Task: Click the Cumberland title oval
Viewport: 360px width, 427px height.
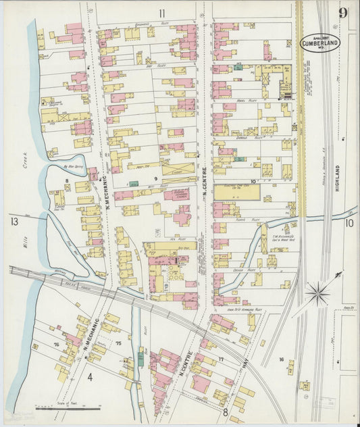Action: pos(320,42)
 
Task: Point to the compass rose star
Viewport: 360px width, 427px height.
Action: pos(316,293)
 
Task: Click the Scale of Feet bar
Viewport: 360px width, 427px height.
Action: pos(68,408)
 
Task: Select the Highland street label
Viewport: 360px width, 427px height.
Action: pos(336,180)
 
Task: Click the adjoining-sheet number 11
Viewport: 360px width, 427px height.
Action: pos(162,14)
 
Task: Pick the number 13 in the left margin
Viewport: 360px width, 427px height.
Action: pos(14,221)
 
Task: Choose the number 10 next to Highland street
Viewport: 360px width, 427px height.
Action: pos(349,222)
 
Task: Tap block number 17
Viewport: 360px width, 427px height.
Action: pos(220,359)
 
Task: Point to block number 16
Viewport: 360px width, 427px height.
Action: pos(281,359)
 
